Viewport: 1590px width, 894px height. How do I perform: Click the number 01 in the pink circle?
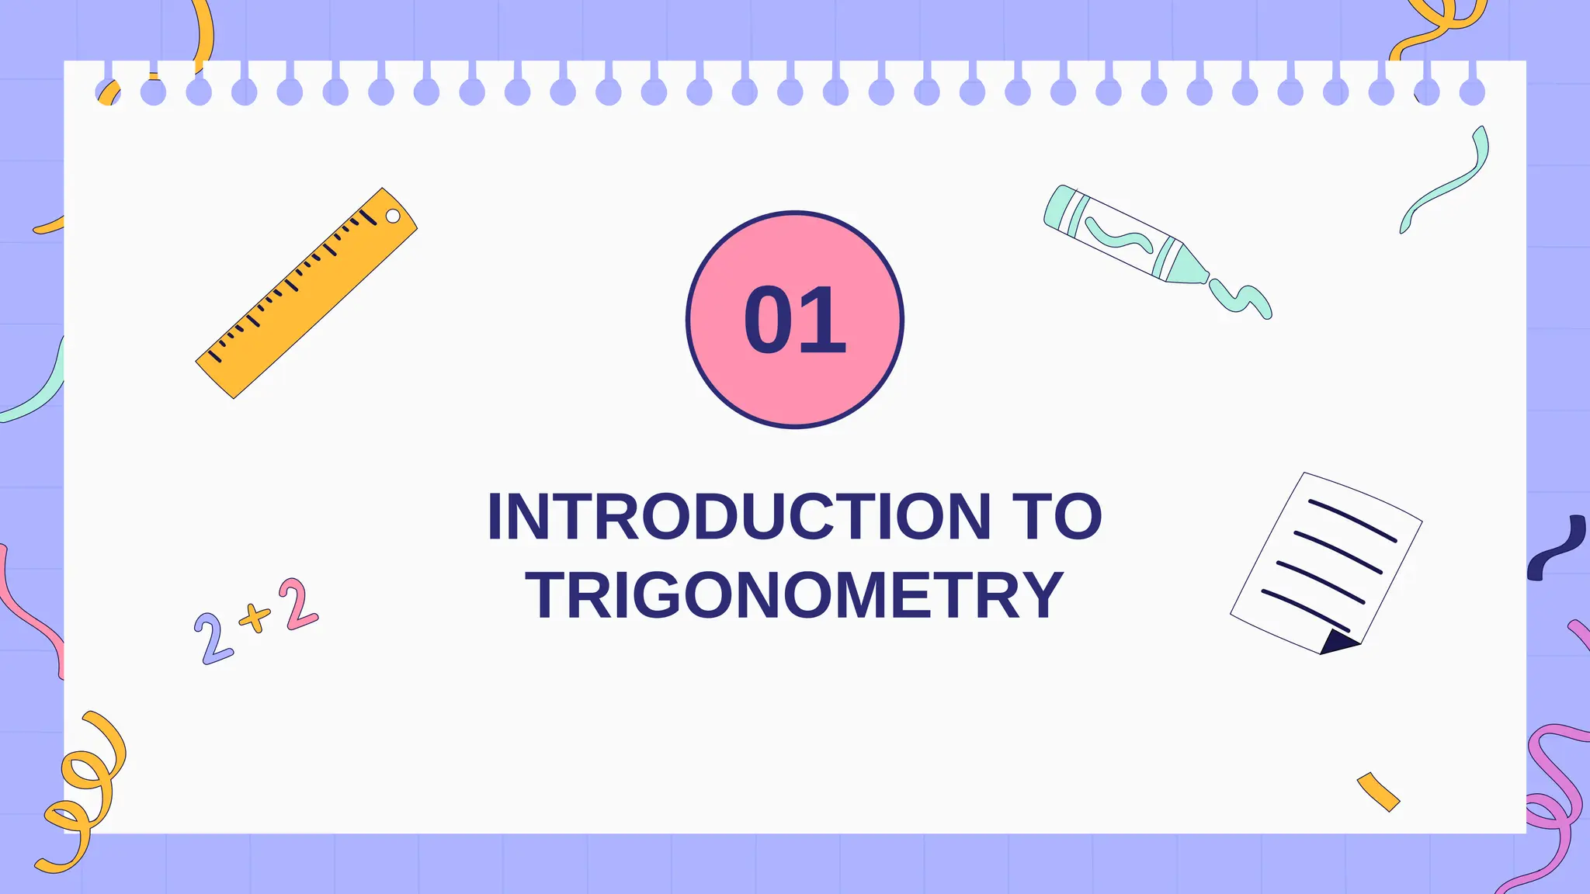pos(794,320)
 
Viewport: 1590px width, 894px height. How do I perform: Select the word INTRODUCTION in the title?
pos(738,517)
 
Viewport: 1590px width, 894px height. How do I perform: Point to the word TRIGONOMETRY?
pos(794,595)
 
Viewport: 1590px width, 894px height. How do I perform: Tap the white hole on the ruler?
pos(393,216)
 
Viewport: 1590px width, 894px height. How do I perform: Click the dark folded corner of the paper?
pos(1336,642)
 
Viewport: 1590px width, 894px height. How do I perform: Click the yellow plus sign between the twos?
pos(255,618)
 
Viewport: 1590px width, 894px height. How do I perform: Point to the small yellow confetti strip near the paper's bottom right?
pos(1378,792)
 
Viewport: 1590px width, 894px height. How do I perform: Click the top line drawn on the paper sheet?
pos(1352,520)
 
